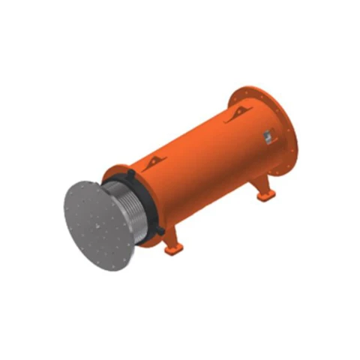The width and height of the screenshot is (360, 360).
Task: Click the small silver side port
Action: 266,136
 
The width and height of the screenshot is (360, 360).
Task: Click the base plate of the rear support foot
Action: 265,196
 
